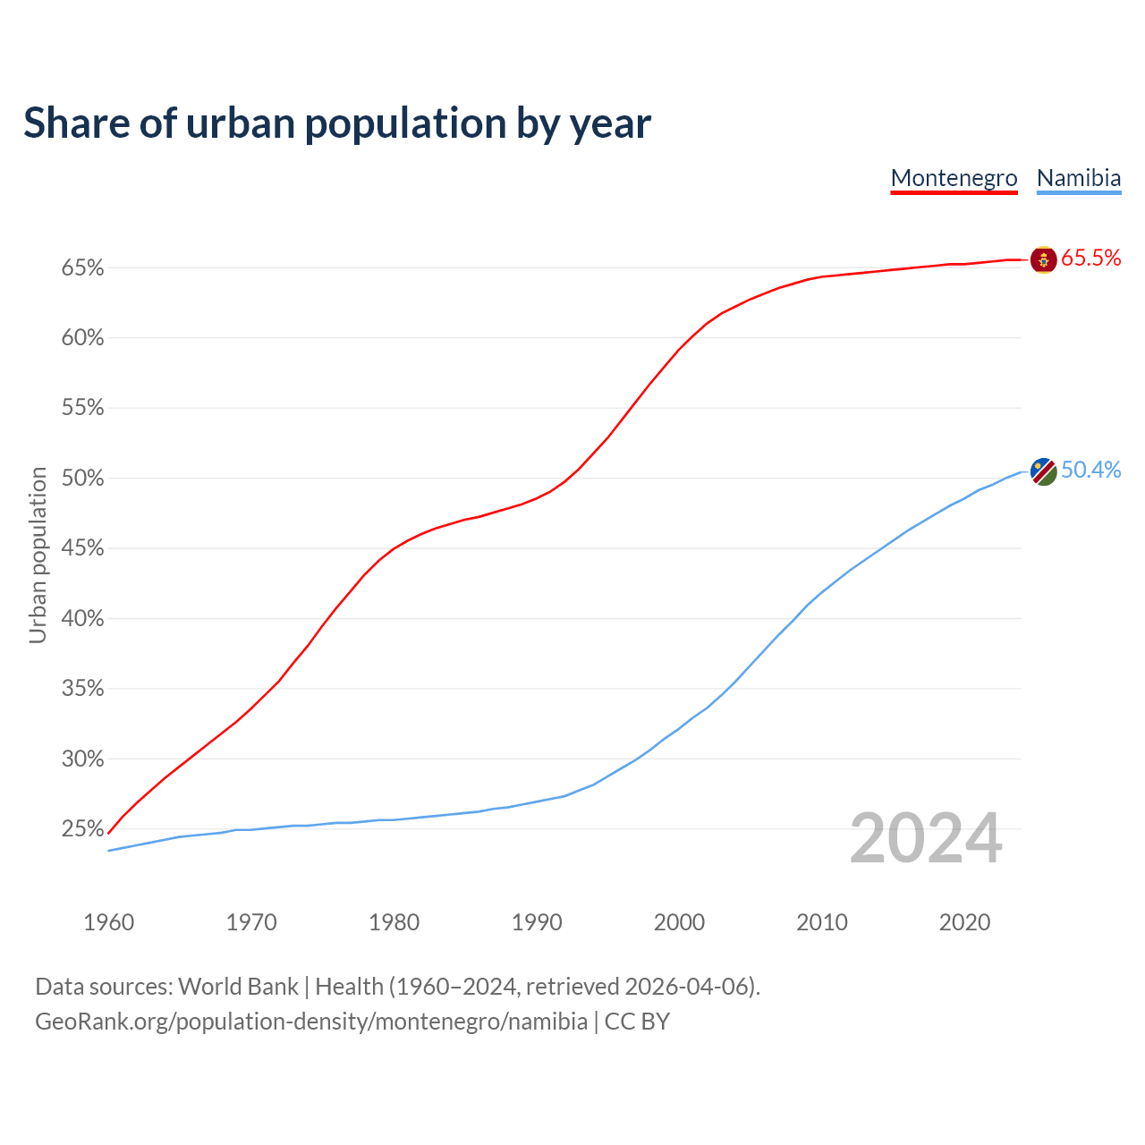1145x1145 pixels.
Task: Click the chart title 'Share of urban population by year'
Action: [x=337, y=123]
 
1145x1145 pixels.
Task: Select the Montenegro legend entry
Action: [x=954, y=178]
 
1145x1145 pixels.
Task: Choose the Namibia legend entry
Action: [x=1078, y=178]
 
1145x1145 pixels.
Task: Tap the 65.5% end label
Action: [x=1090, y=259]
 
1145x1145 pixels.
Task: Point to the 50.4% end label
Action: [x=1090, y=471]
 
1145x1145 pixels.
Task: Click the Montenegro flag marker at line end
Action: [x=1043, y=259]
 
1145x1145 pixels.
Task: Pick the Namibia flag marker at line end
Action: [x=1043, y=471]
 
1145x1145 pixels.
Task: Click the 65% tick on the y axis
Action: [x=82, y=268]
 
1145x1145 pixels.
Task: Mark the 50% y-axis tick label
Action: [x=82, y=479]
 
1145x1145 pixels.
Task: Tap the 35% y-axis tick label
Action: [x=82, y=689]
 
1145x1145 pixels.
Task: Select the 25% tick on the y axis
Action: [x=82, y=829]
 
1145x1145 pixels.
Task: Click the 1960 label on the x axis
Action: [x=108, y=922]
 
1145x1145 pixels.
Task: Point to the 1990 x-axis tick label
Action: [x=536, y=922]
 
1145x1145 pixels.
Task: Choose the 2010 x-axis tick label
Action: [x=821, y=922]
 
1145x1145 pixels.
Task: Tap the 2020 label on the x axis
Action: [x=963, y=922]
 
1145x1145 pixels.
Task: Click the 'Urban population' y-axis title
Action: [x=38, y=555]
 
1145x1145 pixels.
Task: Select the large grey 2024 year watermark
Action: [x=925, y=839]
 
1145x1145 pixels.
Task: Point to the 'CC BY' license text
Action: [x=637, y=1022]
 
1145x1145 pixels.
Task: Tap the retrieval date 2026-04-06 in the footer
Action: [x=685, y=987]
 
